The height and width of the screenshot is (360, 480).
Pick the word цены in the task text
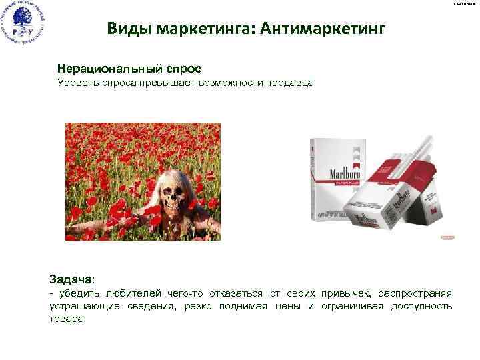tap(291, 306)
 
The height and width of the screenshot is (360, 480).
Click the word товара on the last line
tap(67, 319)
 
